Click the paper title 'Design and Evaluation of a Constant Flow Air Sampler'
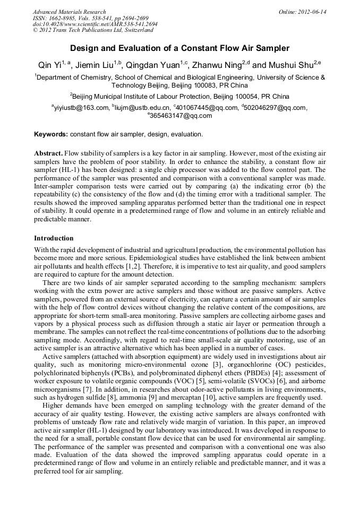pyautogui.click(x=180, y=48)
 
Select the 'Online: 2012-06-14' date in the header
pyautogui.click(x=303, y=12)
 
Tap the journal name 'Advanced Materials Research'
pyautogui.click(x=69, y=12)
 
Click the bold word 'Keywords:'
pyautogui.click(x=51, y=134)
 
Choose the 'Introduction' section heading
pyautogui.click(x=54, y=238)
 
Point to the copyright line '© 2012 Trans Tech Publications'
pyautogui.click(x=93, y=30)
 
